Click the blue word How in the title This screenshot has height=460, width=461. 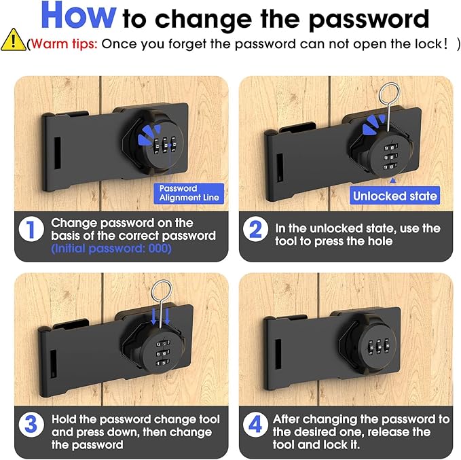pos(78,16)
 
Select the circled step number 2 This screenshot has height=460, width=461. pos(255,230)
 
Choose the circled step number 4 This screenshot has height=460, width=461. pos(255,426)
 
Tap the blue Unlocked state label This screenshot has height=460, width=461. pos(395,196)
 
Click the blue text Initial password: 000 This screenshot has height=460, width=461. pos(111,249)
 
